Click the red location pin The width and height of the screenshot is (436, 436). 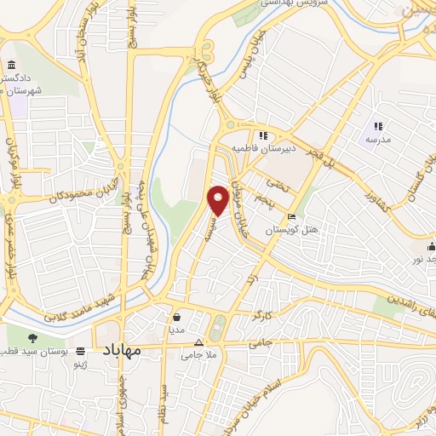218,199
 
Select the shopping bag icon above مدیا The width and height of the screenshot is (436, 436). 176,313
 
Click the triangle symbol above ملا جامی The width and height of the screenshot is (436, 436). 198,341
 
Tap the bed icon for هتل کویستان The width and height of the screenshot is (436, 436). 292,216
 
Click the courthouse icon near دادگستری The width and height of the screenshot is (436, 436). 10,66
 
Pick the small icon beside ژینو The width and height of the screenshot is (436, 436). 81,351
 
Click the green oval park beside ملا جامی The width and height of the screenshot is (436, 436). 217,325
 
